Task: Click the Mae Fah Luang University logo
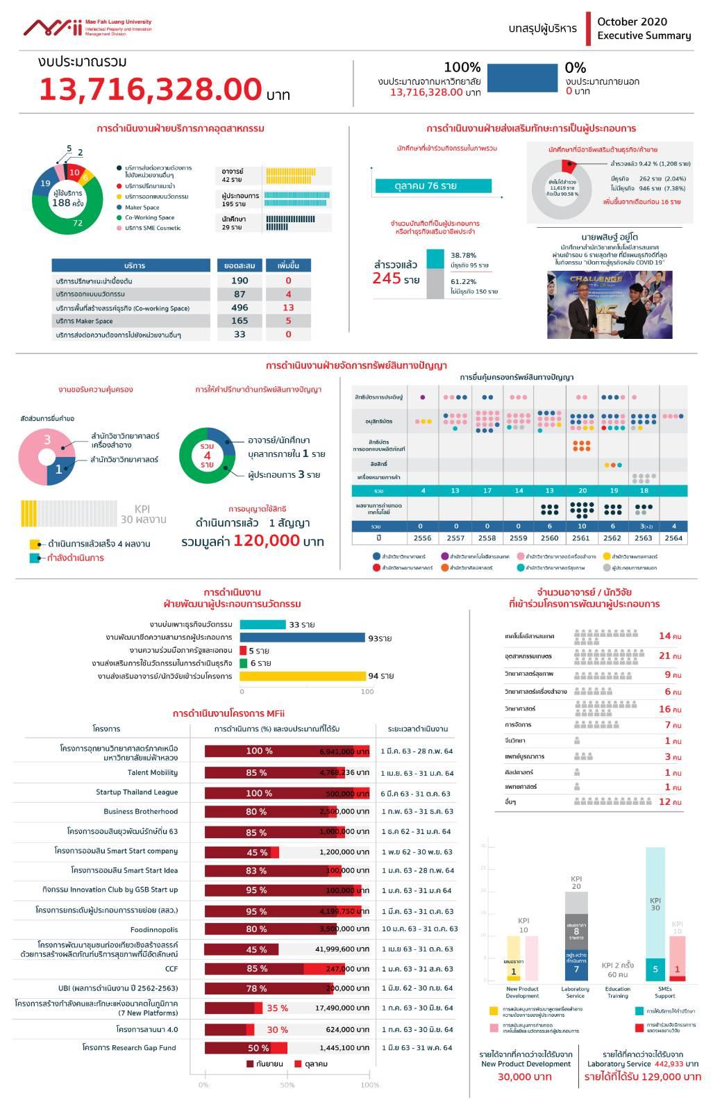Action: coord(87,28)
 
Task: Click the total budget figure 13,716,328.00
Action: coord(150,90)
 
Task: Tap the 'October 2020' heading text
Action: coord(632,22)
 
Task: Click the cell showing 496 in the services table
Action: coord(240,308)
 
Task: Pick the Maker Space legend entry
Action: coord(142,207)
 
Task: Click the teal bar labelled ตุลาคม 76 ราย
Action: coord(433,185)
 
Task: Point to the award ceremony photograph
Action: coord(610,304)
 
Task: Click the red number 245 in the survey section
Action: coord(387,278)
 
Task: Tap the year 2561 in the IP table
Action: coord(581,538)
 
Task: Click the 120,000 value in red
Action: coord(267,541)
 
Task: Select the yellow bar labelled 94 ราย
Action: coord(303,676)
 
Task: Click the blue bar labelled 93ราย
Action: coord(303,638)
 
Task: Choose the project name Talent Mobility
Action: coord(152,772)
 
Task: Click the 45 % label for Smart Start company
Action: coord(257,852)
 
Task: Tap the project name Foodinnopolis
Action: coord(153,929)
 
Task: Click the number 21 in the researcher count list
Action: coord(664,656)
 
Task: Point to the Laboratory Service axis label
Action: coord(575,992)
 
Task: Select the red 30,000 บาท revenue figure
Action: coord(525,1076)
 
